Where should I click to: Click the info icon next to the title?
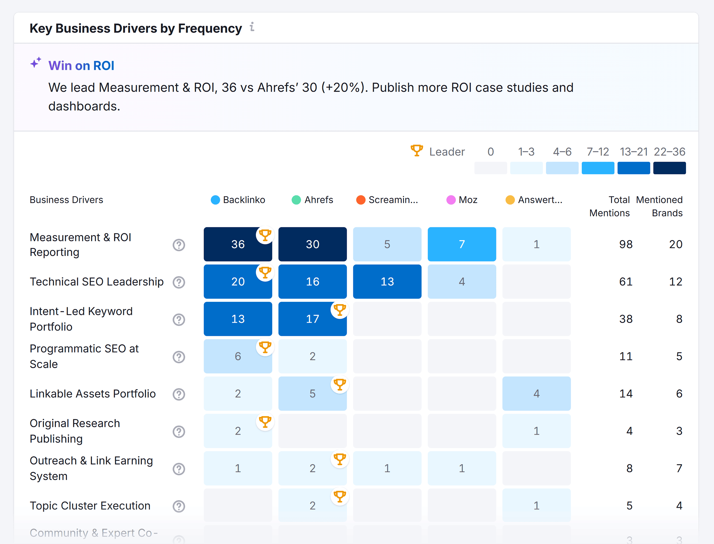pyautogui.click(x=252, y=27)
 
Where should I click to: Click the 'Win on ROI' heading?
pyautogui.click(x=81, y=66)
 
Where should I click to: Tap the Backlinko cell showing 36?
pyautogui.click(x=238, y=244)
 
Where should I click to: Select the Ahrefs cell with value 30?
pyautogui.click(x=312, y=244)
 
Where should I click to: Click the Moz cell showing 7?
pyautogui.click(x=462, y=244)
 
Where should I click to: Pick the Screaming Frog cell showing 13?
pyautogui.click(x=387, y=281)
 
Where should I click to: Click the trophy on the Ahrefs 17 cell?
pyautogui.click(x=340, y=310)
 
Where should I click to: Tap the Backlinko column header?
pyautogui.click(x=244, y=200)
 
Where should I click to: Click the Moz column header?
pyautogui.click(x=468, y=200)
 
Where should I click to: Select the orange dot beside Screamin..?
pyautogui.click(x=361, y=200)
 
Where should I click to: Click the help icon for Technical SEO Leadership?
pyautogui.click(x=179, y=282)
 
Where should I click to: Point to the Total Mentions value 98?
pyautogui.click(x=625, y=244)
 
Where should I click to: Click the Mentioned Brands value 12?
pyautogui.click(x=675, y=281)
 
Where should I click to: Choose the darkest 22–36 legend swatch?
pyautogui.click(x=669, y=168)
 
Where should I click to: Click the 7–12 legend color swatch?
pyautogui.click(x=598, y=168)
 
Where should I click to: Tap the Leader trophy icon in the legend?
pyautogui.click(x=416, y=150)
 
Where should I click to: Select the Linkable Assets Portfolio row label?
pyautogui.click(x=93, y=394)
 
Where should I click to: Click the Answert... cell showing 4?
pyautogui.click(x=536, y=394)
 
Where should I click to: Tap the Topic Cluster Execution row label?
pyautogui.click(x=90, y=505)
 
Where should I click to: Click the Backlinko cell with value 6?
pyautogui.click(x=238, y=356)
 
